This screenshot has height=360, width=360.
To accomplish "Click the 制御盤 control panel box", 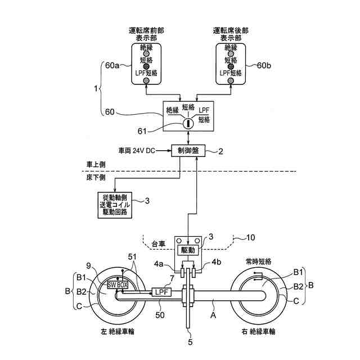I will pos(187,151).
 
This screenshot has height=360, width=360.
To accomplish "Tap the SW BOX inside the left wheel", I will pos(118,285).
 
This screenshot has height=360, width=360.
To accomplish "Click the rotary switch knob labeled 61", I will pos(188,122).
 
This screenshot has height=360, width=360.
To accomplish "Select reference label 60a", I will pos(113,66).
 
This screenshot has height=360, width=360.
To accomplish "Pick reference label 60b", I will pos(264,66).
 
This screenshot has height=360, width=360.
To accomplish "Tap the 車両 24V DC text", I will pos(137,151).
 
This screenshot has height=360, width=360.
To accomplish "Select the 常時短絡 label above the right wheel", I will pos(259,262).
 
